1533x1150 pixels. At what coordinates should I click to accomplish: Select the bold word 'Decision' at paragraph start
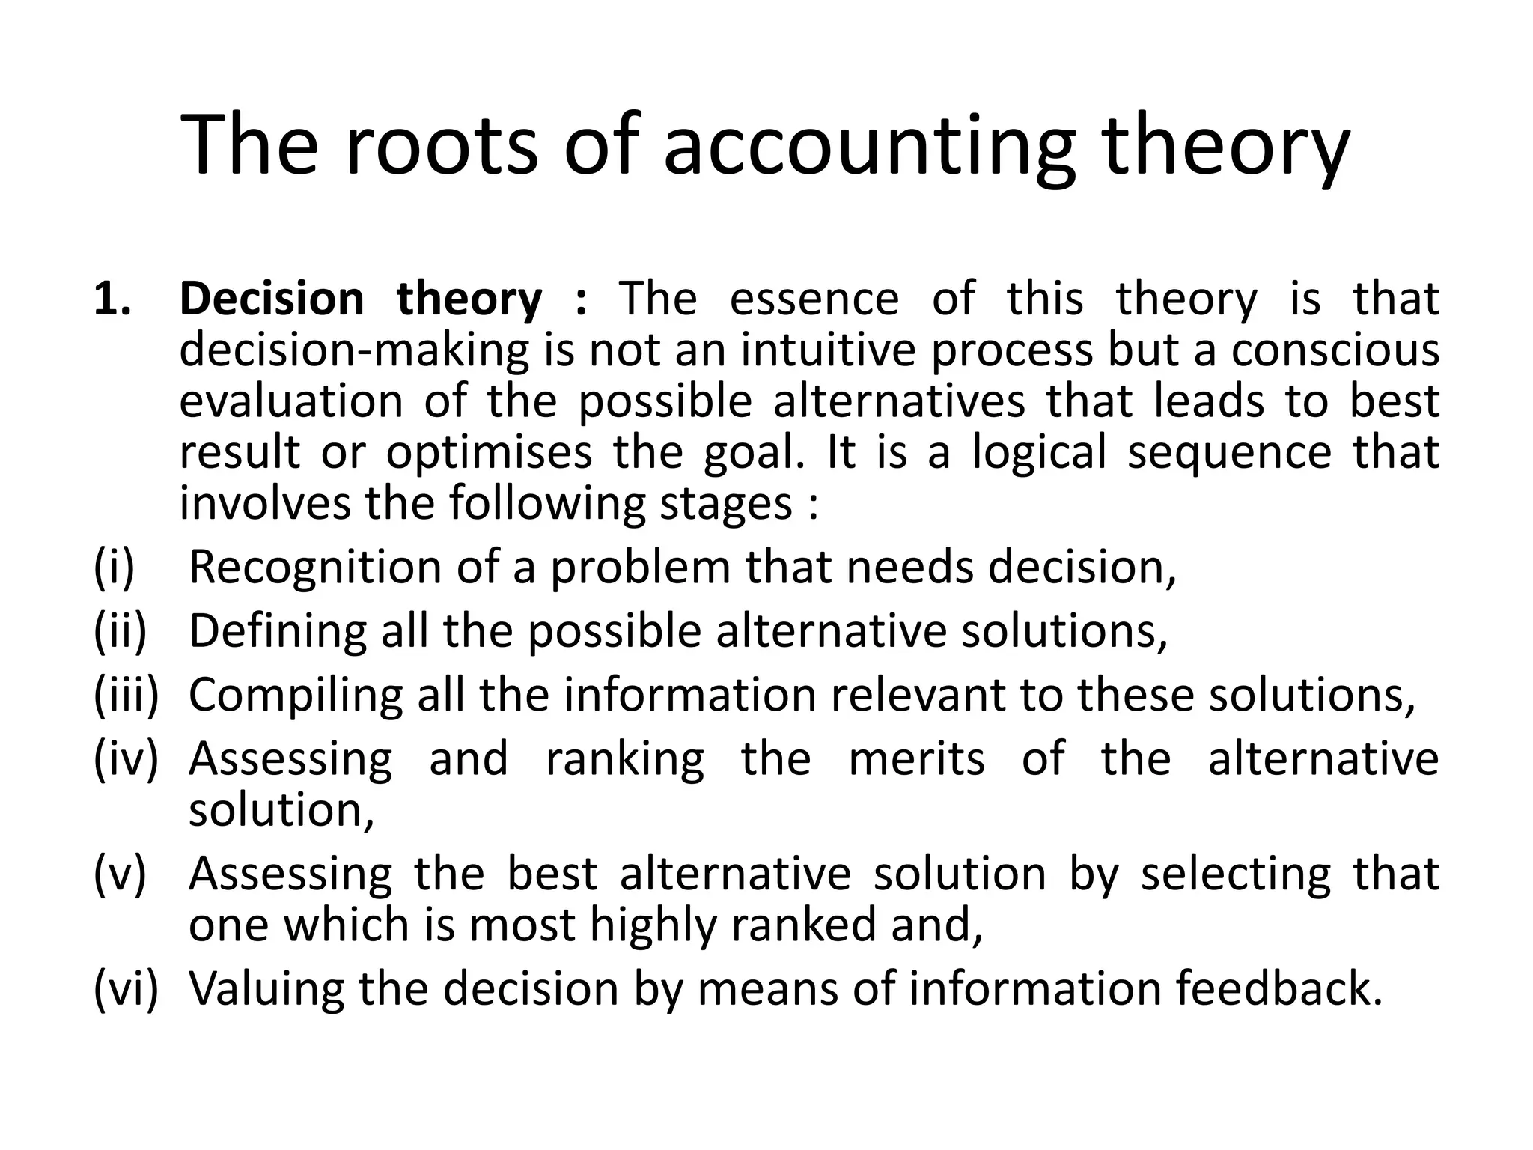click(x=272, y=299)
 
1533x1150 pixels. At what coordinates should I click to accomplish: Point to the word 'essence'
click(x=814, y=299)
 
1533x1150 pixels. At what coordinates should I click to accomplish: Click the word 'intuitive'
click(x=828, y=350)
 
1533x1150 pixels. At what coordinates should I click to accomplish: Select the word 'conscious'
click(x=1335, y=350)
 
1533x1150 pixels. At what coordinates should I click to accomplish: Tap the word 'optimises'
click(x=489, y=452)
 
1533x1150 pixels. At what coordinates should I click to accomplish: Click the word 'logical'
click(x=1038, y=454)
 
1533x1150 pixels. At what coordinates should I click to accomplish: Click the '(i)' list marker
click(x=114, y=567)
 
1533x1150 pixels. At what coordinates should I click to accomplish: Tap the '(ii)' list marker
click(x=120, y=630)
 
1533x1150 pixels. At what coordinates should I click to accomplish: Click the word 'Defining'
click(x=278, y=632)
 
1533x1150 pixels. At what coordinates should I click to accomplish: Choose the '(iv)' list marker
click(x=126, y=758)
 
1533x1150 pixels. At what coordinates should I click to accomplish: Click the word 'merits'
click(x=916, y=758)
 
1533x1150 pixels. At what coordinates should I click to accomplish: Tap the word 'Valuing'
click(x=266, y=989)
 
